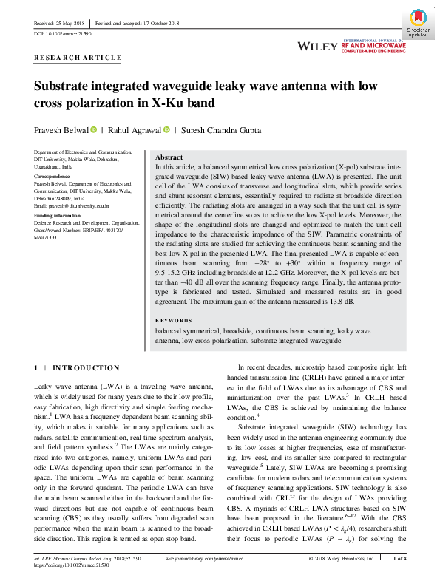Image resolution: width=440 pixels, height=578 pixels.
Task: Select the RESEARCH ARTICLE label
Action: (78, 58)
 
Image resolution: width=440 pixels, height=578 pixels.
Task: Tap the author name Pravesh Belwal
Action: (61, 130)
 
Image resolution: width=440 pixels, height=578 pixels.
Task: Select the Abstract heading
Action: (170, 157)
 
